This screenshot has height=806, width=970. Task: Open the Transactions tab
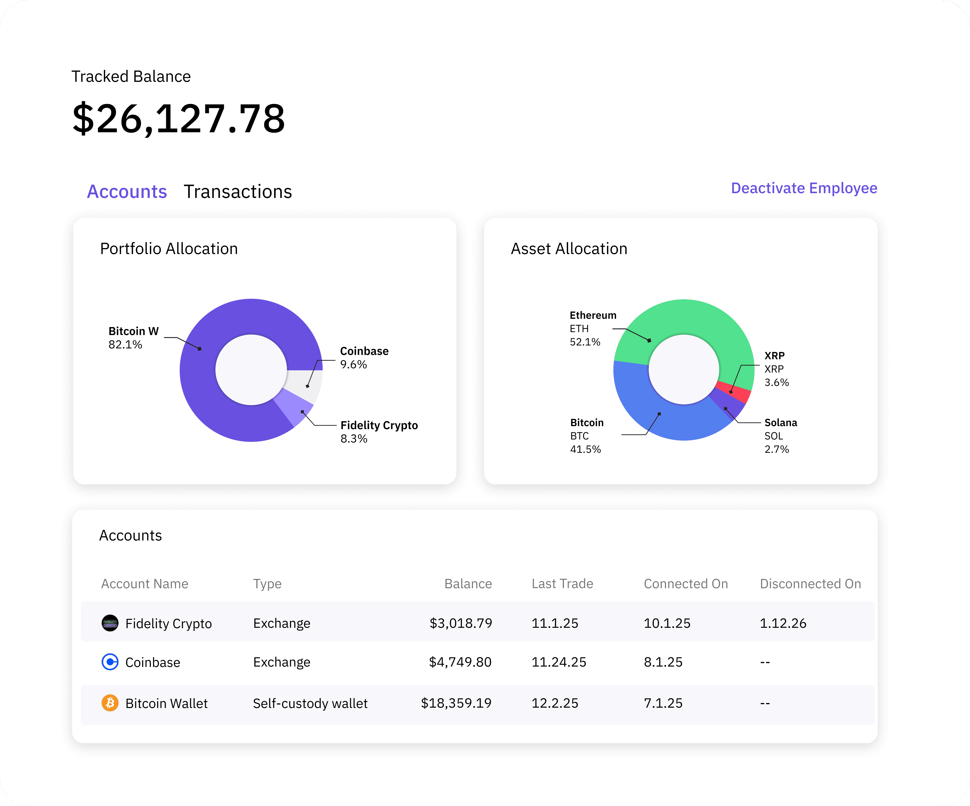[238, 191]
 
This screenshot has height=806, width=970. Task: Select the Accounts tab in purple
[127, 191]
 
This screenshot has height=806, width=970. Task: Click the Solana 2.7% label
[781, 436]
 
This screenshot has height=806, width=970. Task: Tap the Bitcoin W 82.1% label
[133, 338]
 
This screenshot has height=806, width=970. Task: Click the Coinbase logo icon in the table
[110, 662]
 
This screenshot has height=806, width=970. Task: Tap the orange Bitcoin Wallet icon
[110, 703]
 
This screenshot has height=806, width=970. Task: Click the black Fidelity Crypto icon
[110, 623]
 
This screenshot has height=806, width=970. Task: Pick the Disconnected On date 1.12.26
[783, 623]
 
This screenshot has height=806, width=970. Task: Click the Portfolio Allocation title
[169, 249]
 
